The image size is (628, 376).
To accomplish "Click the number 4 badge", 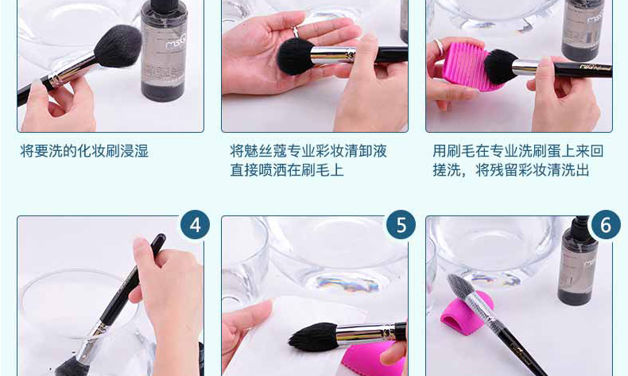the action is click(x=195, y=225).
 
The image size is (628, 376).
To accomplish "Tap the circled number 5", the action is click(x=401, y=225).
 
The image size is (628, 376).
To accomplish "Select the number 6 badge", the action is click(x=606, y=225).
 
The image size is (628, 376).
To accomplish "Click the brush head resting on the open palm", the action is click(x=296, y=56).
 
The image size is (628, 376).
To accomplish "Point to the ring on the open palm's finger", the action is click(x=296, y=32).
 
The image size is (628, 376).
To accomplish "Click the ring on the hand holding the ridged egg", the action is click(x=439, y=46).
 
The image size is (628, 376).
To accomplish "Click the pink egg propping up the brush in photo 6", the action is click(x=467, y=309).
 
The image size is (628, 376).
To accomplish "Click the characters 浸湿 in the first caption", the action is click(x=134, y=151).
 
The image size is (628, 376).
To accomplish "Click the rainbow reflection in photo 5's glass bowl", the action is click(x=347, y=283).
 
